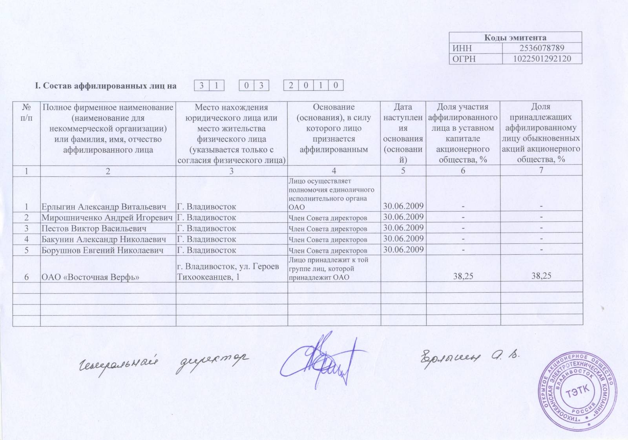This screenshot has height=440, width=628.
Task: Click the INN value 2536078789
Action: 542,48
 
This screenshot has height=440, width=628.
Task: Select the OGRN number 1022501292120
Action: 542,59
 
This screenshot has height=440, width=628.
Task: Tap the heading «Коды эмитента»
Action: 515,38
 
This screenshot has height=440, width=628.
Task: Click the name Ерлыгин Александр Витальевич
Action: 104,206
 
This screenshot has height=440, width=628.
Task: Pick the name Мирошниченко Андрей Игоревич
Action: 107,217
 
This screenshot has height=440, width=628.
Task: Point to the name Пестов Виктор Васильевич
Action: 94,228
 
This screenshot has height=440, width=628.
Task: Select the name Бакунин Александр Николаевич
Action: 104,239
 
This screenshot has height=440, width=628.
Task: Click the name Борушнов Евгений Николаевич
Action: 102,250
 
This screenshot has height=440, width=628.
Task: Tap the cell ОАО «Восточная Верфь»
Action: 91,277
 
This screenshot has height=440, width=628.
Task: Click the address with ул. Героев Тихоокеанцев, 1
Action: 228,272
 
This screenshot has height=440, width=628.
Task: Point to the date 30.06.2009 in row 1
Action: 403,206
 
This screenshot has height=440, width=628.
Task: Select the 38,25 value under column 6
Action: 463,276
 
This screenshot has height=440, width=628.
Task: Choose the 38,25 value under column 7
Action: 541,276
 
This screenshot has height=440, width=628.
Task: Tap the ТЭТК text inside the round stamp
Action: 577,391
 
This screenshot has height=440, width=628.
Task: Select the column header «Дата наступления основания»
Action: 403,133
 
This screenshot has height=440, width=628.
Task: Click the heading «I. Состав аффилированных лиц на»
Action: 106,86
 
